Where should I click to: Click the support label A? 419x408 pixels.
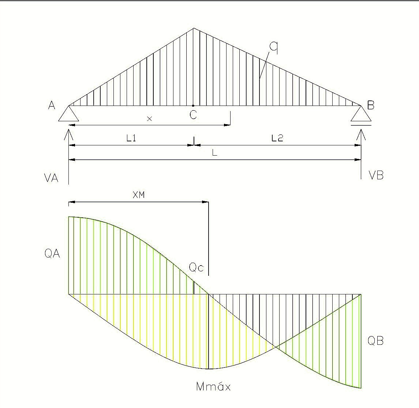tap(52, 106)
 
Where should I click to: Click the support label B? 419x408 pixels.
tap(371, 106)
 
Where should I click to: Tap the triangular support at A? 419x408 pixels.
tap(68, 114)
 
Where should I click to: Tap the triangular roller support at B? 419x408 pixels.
tap(361, 115)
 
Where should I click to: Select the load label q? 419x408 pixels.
tap(273, 47)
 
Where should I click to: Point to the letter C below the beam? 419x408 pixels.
tap(193, 115)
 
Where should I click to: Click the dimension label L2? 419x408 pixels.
tap(277, 138)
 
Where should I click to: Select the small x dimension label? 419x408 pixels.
tap(149, 119)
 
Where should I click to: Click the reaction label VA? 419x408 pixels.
tap(51, 178)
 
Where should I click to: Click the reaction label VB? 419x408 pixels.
tap(376, 176)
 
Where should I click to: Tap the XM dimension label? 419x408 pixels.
tap(139, 195)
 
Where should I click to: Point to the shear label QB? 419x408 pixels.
tap(375, 341)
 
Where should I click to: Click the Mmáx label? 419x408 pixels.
tap(213, 387)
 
